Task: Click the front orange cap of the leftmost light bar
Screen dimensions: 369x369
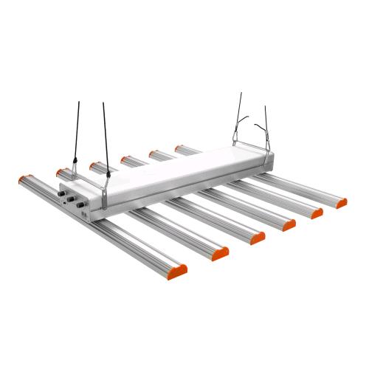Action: point(178,270)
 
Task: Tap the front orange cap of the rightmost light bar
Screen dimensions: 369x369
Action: point(340,202)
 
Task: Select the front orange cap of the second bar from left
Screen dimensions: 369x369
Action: point(220,253)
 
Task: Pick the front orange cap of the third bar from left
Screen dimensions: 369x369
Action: point(258,237)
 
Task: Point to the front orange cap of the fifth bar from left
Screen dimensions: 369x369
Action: point(317,213)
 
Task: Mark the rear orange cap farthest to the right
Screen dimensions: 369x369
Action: point(179,148)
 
